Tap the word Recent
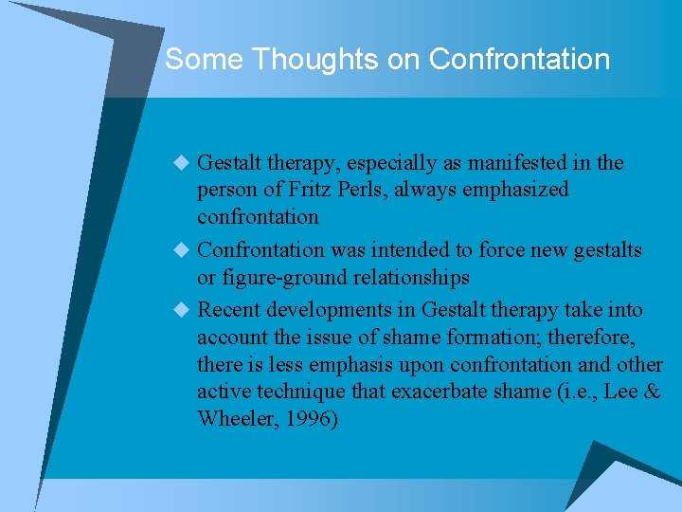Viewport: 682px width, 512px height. pyautogui.click(x=228, y=310)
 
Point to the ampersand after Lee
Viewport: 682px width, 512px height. pyautogui.click(x=651, y=392)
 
